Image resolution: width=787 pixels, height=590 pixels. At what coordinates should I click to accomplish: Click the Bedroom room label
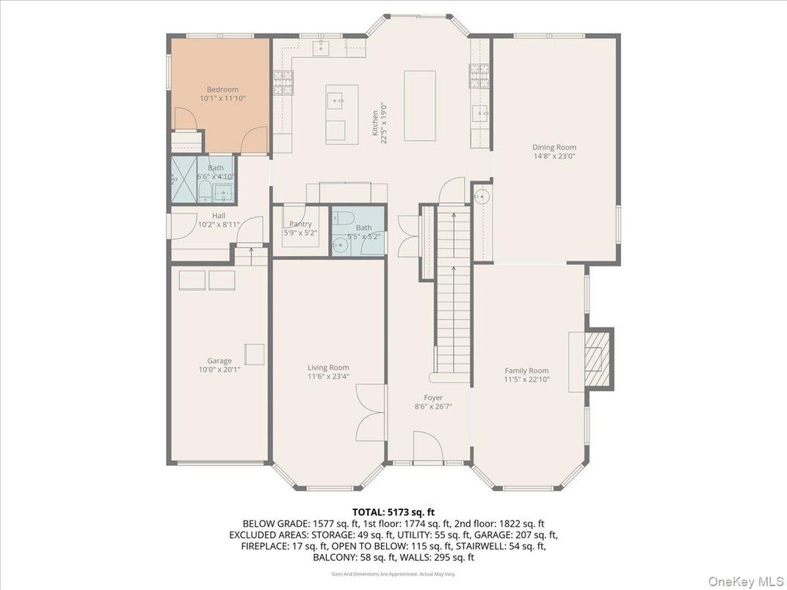[x=222, y=90]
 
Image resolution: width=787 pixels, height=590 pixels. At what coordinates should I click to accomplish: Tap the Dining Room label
[x=554, y=147]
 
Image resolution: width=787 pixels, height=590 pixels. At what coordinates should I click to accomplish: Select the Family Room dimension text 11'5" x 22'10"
[x=526, y=380]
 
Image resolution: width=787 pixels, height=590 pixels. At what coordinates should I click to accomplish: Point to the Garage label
[x=219, y=360]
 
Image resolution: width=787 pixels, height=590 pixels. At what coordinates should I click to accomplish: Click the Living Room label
[x=328, y=368]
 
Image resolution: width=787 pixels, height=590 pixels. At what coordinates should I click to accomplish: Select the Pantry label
[x=300, y=224]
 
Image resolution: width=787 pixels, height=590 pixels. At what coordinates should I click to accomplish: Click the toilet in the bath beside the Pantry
[x=344, y=217]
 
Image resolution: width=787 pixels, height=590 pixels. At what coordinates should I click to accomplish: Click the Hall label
[x=219, y=216]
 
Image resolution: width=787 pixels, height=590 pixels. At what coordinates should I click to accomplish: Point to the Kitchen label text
[x=374, y=123]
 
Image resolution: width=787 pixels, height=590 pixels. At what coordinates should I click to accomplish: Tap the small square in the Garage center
[x=255, y=354]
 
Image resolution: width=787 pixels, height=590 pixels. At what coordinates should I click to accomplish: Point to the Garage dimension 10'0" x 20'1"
[x=219, y=370]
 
